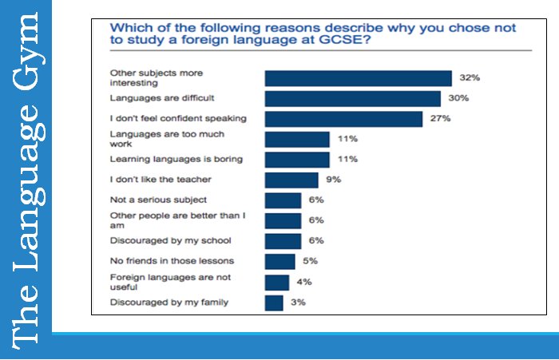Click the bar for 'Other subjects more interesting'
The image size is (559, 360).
359,77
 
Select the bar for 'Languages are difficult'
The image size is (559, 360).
352,98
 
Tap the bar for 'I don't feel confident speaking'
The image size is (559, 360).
343,119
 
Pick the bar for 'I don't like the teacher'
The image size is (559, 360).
291,180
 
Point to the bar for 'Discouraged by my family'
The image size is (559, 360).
274,303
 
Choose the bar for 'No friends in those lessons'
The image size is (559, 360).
279,261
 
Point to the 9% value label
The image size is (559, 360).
333,180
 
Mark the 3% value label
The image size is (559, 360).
298,303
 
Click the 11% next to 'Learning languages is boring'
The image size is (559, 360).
347,160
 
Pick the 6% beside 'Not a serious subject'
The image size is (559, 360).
316,200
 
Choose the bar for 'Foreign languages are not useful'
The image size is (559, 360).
276,282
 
